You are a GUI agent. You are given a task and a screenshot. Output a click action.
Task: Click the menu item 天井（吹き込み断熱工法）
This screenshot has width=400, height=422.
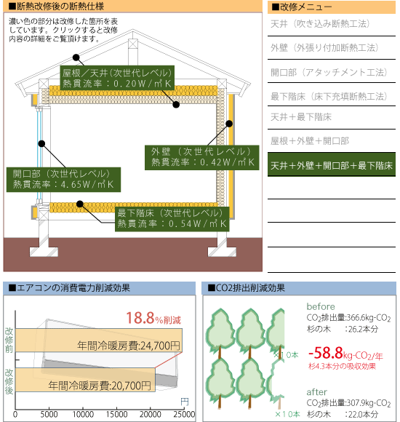[320, 24]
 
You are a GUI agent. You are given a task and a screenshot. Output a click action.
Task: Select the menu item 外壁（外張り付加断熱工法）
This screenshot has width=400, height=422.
[324, 48]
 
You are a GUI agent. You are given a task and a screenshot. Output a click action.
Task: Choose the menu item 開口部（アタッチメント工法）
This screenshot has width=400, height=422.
[329, 72]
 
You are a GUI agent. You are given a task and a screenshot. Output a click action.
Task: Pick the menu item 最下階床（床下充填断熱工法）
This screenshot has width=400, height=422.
[329, 96]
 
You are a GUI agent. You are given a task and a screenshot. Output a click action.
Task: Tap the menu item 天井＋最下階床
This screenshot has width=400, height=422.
[301, 117]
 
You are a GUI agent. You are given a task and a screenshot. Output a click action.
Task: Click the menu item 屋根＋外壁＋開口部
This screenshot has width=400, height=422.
[310, 140]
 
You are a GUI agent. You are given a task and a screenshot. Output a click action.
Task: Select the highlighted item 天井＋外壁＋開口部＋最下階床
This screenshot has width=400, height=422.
[332, 164]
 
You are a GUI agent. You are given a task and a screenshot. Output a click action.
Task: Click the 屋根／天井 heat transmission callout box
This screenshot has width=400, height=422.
[117, 78]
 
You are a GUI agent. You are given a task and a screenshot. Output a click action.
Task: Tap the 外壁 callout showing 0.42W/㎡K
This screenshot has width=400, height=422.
[201, 158]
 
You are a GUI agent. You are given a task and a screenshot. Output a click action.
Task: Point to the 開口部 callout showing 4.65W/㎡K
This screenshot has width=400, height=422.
[63, 180]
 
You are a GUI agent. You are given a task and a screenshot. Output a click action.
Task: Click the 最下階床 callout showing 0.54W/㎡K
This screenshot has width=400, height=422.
[172, 219]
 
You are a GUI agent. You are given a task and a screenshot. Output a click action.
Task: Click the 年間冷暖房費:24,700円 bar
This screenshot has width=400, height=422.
[99, 341]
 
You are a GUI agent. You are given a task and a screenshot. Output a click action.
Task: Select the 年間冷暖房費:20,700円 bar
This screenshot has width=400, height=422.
[85, 380]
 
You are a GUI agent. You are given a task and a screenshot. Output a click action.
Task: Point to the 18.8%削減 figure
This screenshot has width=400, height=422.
[153, 318]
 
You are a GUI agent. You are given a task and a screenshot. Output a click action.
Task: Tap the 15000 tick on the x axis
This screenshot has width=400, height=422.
[116, 414]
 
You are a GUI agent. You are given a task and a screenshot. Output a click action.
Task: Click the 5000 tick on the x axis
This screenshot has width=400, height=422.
[49, 414]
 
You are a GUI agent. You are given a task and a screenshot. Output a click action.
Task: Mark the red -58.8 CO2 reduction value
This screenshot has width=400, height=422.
[326, 353]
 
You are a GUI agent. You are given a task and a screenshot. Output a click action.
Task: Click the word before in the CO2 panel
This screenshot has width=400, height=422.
[321, 306]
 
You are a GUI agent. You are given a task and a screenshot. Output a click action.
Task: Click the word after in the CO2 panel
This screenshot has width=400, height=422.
[317, 392]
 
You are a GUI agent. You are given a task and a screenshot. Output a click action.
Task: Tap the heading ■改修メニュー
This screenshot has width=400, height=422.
[302, 7]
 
